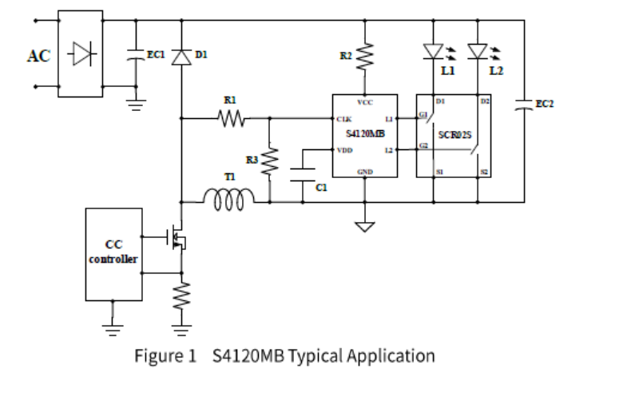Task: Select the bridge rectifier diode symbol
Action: (x=81, y=54)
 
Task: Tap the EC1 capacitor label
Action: (x=154, y=54)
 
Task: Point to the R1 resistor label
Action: (x=230, y=101)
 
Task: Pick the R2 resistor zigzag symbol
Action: (x=366, y=56)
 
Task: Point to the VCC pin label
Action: (x=365, y=101)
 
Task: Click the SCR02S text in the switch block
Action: (x=454, y=134)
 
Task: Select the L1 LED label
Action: (x=447, y=72)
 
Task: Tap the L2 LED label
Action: (x=496, y=72)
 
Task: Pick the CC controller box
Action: (x=113, y=254)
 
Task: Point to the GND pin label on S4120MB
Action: (x=365, y=171)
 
